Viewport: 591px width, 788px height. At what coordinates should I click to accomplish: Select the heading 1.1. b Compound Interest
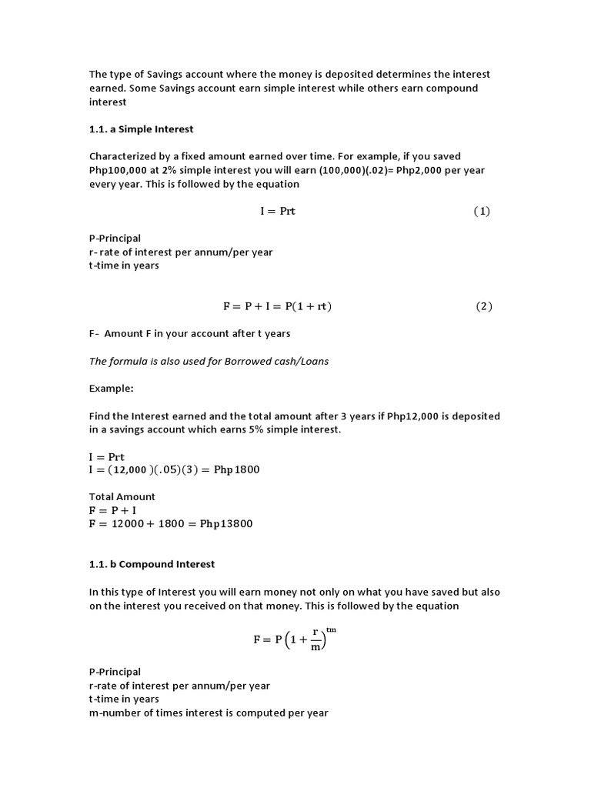pos(152,564)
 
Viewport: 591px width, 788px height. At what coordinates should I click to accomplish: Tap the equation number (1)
pos(482,212)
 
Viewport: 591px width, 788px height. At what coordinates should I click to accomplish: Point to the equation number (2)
pos(483,306)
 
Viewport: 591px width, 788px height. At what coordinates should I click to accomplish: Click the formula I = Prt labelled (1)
pos(277,212)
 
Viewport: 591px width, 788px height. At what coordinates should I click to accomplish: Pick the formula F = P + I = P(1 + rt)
pos(277,306)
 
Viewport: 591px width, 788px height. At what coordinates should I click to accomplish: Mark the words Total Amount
pos(122,497)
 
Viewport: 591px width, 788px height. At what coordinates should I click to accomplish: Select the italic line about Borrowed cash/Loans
pos(209,361)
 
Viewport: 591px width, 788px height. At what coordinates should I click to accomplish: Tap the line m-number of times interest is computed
pos(209,713)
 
